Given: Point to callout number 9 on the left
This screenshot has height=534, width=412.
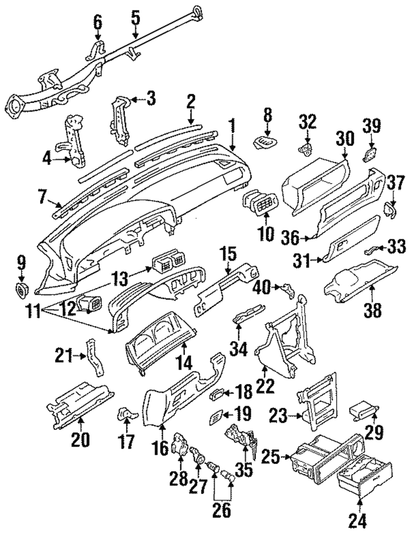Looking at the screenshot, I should [x=21, y=262].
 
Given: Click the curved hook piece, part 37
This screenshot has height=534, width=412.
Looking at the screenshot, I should [x=389, y=210].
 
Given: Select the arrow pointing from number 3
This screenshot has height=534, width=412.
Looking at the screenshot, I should [x=138, y=99].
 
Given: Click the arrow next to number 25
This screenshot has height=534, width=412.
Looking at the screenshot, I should [x=284, y=456].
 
